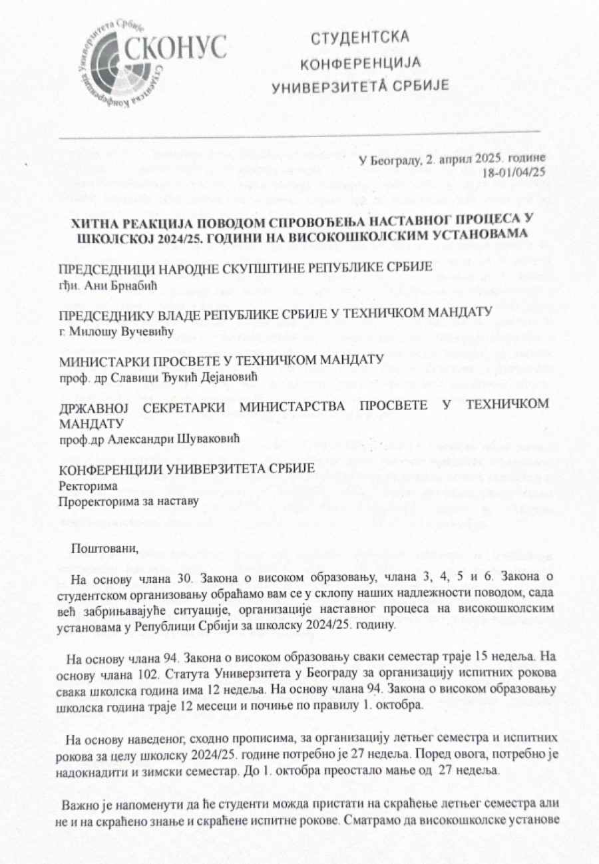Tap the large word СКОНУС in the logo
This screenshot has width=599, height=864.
(177, 47)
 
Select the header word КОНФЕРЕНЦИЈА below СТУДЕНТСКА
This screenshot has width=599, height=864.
(361, 63)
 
